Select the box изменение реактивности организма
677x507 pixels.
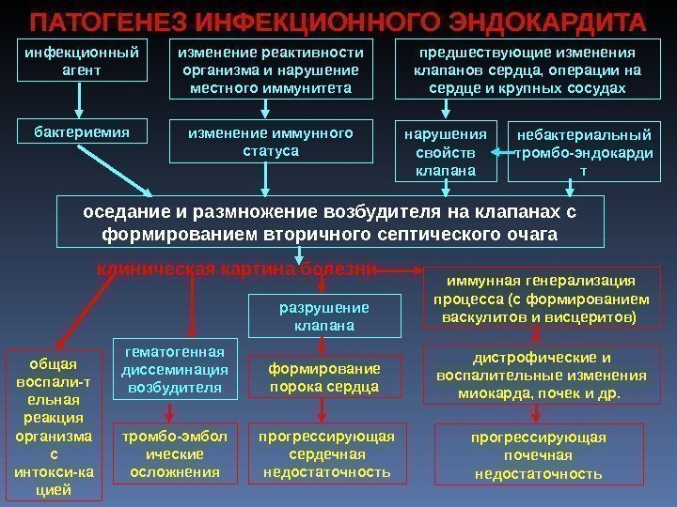(x=270, y=69)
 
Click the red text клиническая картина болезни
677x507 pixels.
(x=237, y=269)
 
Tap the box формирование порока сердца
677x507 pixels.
(x=323, y=377)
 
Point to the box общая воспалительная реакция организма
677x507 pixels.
(x=54, y=423)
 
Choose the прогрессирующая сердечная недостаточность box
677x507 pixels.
(x=326, y=454)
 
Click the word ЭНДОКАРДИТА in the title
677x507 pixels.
(x=554, y=20)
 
